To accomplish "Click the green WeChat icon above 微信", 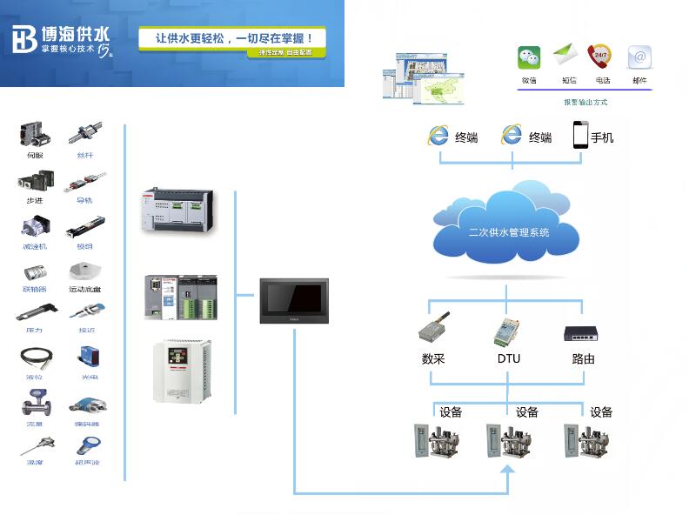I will (529, 57).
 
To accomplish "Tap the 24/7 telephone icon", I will (599, 57).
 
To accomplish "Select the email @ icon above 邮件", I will (639, 57).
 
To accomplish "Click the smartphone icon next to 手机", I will (580, 135).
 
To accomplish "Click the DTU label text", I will (509, 358).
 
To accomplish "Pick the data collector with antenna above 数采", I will (434, 329).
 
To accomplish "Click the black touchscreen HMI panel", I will (295, 300).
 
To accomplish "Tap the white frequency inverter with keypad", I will (182, 371).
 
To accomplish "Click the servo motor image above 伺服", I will (34, 134).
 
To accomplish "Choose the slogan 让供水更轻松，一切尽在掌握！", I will (233, 38).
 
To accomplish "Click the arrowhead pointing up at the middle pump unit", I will (509, 471).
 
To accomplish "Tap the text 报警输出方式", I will (585, 102).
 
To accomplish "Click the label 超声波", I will (85, 462).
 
